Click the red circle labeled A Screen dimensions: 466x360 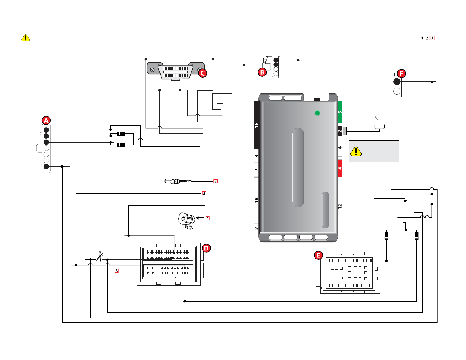click(46, 120)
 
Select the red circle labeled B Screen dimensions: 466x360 click(262, 72)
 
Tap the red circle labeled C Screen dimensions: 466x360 click(203, 73)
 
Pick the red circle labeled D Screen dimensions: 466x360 click(206, 248)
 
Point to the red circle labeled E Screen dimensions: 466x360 click(318, 255)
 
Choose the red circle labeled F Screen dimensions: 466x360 click(401, 73)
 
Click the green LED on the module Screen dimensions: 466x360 click(317, 113)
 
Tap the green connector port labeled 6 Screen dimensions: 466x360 click(340, 112)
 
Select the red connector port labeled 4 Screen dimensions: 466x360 click(340, 168)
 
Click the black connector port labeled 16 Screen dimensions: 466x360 click(256, 125)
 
